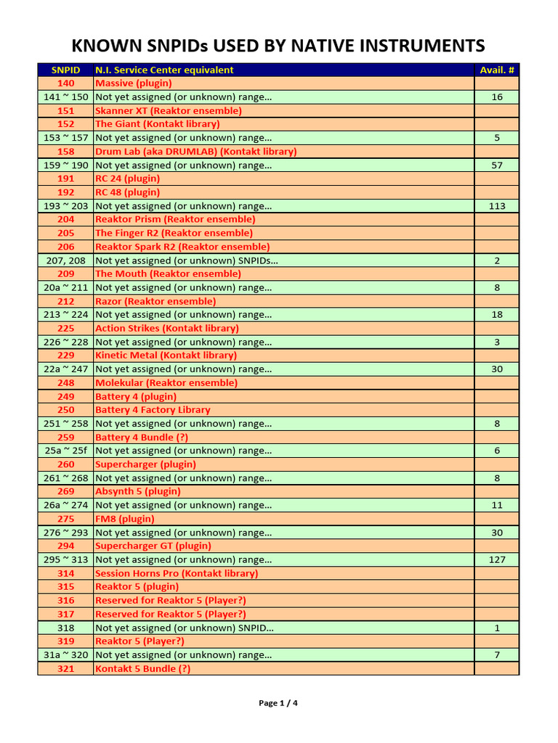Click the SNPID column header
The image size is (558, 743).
pyautogui.click(x=65, y=70)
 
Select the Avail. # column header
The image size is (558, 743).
pyautogui.click(x=497, y=70)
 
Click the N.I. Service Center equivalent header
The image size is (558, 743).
pyautogui.click(x=164, y=70)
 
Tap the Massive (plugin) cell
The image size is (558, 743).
pyautogui.click(x=134, y=83)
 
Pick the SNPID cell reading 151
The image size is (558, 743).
pyautogui.click(x=65, y=110)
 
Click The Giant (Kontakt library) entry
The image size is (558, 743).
pyautogui.click(x=157, y=124)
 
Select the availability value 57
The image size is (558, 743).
pyautogui.click(x=497, y=165)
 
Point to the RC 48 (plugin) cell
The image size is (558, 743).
pyautogui.click(x=128, y=192)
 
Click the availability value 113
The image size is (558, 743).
pyautogui.click(x=497, y=206)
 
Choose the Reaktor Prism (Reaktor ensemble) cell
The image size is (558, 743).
pyautogui.click(x=175, y=219)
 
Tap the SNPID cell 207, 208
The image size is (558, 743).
pyautogui.click(x=65, y=260)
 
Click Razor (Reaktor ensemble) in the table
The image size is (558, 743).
pyautogui.click(x=155, y=301)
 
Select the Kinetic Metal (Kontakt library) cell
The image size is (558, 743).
pyautogui.click(x=166, y=356)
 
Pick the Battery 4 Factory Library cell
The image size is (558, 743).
pyautogui.click(x=153, y=410)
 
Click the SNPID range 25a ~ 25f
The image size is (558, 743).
pyautogui.click(x=65, y=451)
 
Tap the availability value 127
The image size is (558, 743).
pyautogui.click(x=497, y=559)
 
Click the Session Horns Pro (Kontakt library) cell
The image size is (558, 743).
pyautogui.click(x=177, y=573)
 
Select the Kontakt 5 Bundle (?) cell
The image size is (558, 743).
pyautogui.click(x=142, y=668)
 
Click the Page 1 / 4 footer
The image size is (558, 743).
pyautogui.click(x=278, y=702)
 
